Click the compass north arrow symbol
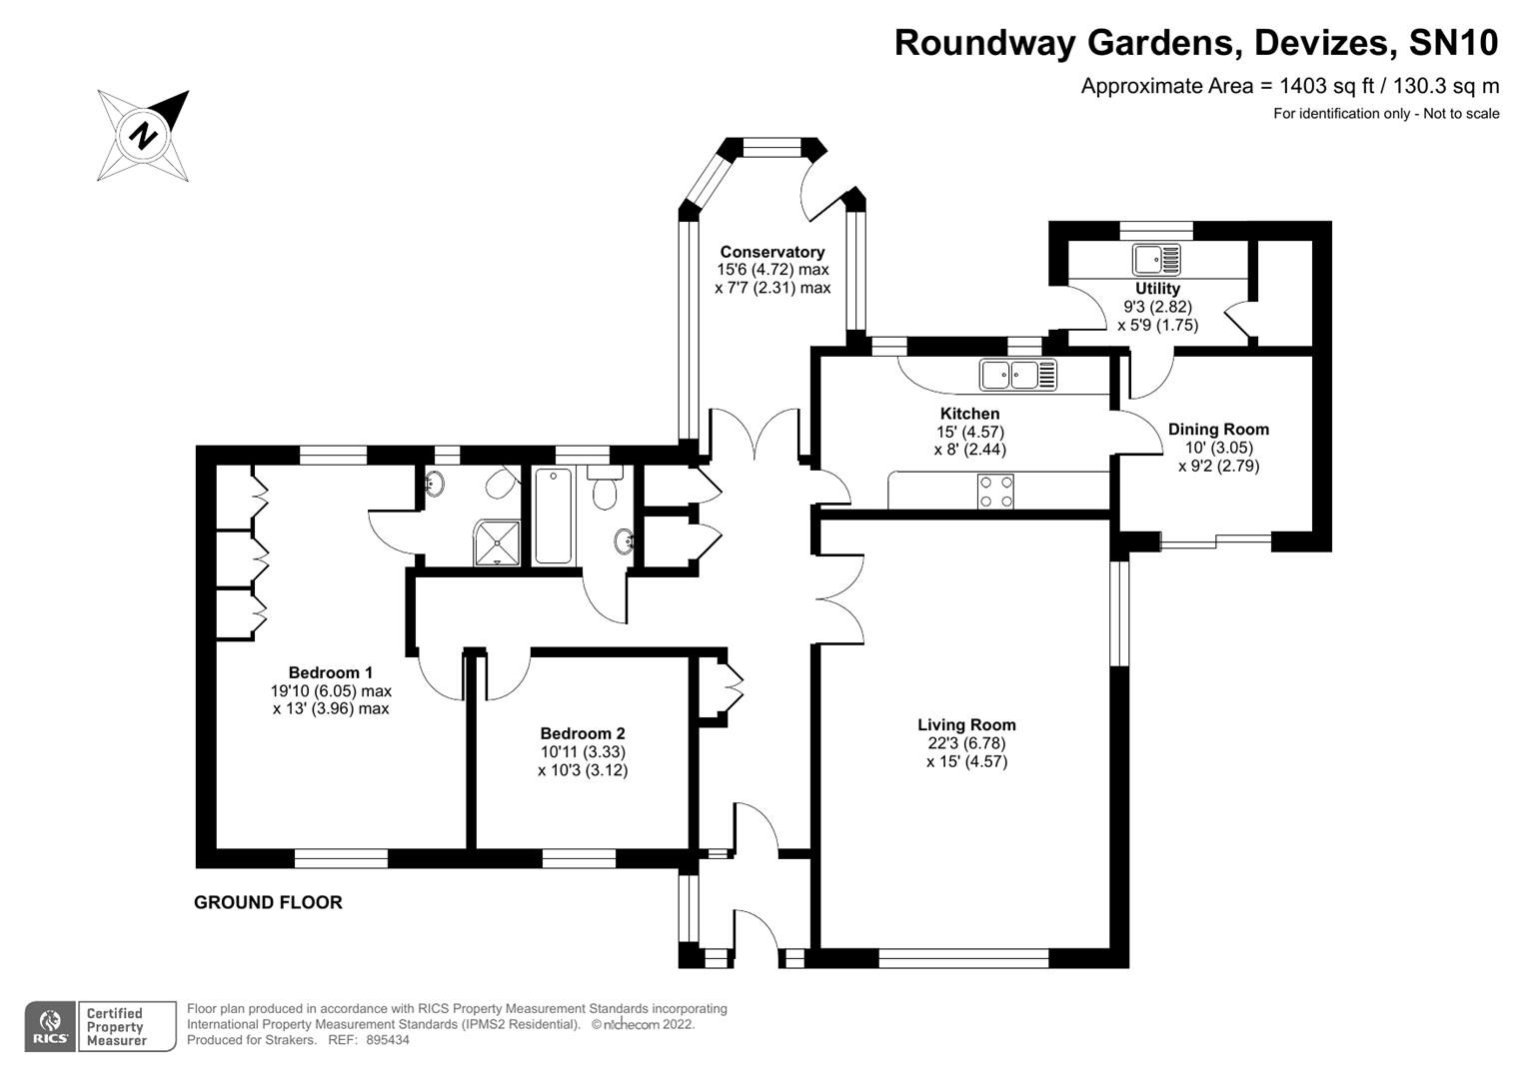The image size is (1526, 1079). click(x=144, y=135)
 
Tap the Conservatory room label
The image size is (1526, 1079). click(x=772, y=252)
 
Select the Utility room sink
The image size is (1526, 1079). click(x=1156, y=260)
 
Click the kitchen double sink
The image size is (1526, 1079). click(x=1018, y=375)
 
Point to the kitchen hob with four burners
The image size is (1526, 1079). click(x=996, y=491)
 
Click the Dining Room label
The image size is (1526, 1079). click(x=1218, y=430)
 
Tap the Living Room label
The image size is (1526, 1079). click(x=966, y=725)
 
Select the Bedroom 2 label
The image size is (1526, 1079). click(x=583, y=732)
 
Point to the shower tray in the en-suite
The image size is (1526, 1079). click(x=498, y=540)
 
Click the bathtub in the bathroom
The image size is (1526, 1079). click(x=554, y=516)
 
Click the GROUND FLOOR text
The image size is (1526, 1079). click(x=268, y=902)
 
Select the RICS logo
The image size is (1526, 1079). click(x=49, y=1026)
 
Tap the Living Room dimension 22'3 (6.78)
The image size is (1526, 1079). click(x=966, y=743)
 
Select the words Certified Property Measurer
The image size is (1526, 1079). click(x=116, y=1027)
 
